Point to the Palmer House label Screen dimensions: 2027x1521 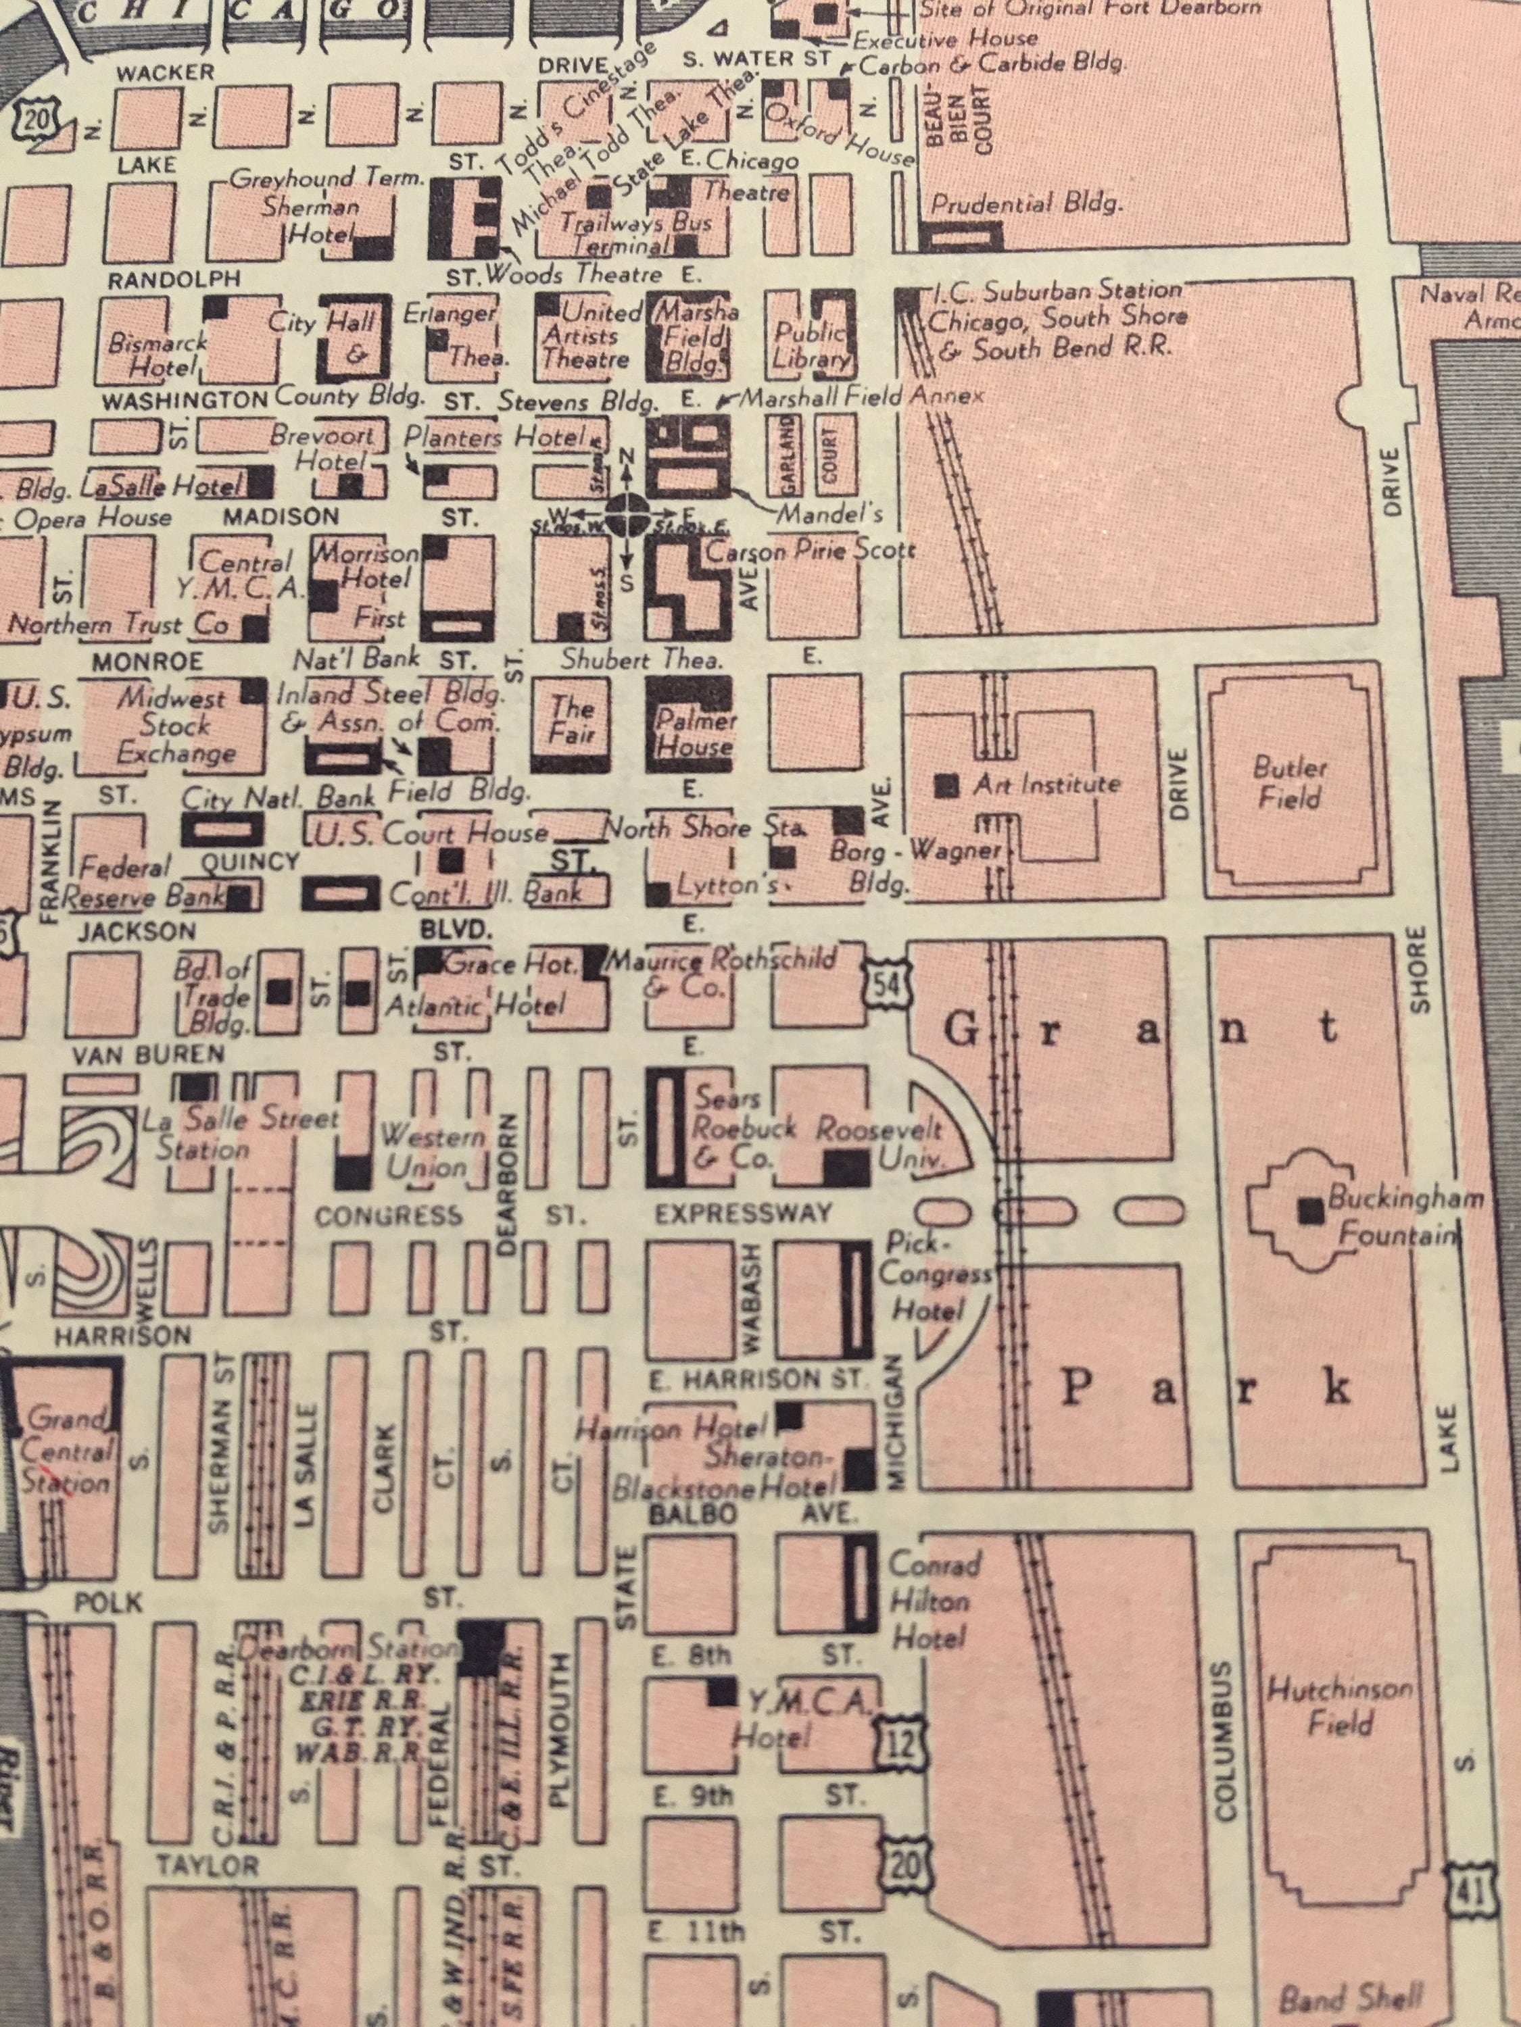point(695,733)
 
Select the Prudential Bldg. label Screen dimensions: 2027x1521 point(1025,203)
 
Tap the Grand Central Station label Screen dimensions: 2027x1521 point(66,1453)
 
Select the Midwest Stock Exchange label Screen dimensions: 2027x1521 point(174,726)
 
